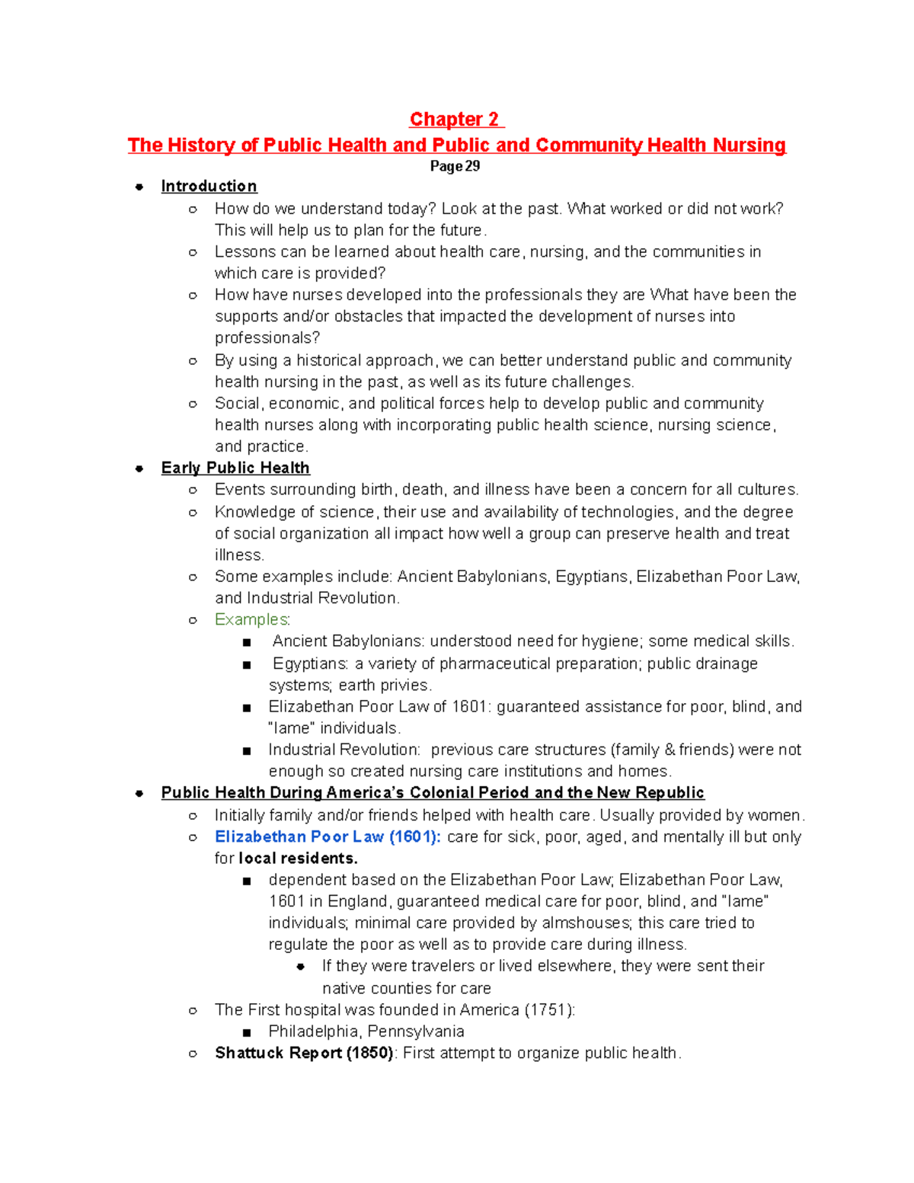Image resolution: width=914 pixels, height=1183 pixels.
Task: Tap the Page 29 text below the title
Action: [x=455, y=167]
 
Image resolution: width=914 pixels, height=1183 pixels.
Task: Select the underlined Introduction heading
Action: [x=209, y=187]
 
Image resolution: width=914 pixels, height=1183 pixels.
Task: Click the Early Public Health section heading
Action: [x=235, y=468]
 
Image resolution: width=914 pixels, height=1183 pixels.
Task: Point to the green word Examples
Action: [x=251, y=619]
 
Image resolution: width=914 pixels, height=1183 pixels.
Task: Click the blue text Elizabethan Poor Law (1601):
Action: [x=328, y=836]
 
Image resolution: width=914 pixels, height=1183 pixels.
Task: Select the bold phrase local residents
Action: [x=298, y=858]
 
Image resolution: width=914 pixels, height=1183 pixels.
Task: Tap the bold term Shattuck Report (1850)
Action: [x=304, y=1053]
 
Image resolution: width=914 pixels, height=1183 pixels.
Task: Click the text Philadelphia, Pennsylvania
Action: [x=366, y=1031]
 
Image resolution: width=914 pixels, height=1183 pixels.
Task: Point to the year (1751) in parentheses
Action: [x=548, y=1010]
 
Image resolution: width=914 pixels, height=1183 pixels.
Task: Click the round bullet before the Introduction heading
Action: [x=139, y=187]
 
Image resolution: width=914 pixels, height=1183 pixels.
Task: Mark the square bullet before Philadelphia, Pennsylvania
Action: [x=246, y=1032]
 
